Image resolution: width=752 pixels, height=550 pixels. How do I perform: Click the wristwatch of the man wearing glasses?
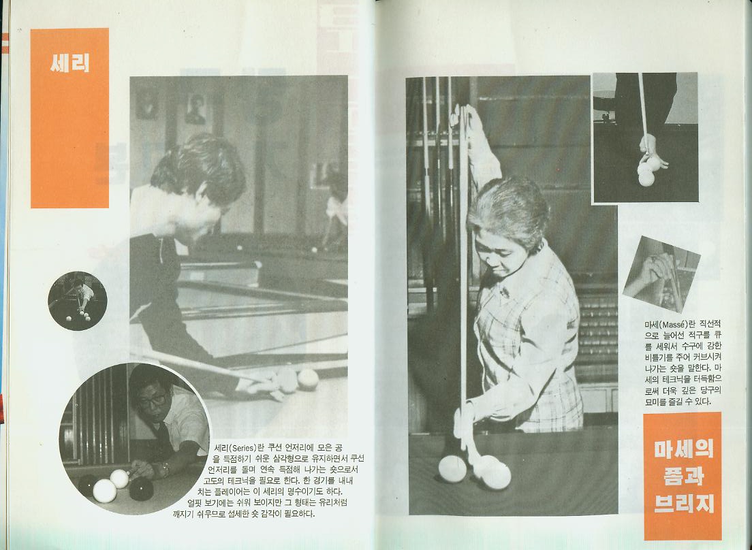click(165, 468)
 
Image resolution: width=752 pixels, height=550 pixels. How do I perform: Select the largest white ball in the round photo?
click(104, 490)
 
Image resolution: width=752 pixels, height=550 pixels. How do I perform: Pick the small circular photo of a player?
click(78, 301)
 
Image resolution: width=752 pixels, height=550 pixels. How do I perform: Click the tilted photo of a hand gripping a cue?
click(662, 274)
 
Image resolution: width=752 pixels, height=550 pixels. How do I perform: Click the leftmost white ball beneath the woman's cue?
click(452, 468)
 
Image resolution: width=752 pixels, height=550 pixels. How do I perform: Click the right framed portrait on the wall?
click(195, 109)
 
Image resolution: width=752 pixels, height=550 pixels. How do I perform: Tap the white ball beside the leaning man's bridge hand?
click(308, 379)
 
